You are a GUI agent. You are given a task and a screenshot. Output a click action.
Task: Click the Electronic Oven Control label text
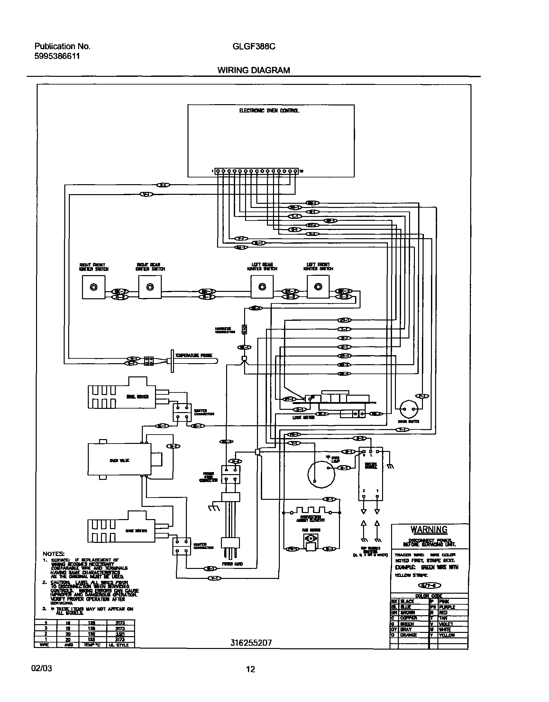click(x=269, y=111)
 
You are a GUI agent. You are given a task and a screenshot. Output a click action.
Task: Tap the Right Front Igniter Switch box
click(x=94, y=287)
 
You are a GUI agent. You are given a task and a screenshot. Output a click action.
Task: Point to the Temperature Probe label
click(x=193, y=355)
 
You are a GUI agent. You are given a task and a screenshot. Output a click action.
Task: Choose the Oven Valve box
click(x=119, y=461)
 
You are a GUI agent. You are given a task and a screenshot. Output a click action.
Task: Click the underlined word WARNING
click(x=429, y=529)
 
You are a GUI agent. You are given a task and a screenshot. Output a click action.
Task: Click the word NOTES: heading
click(x=53, y=554)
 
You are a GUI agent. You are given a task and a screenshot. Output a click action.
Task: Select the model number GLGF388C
click(x=254, y=47)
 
